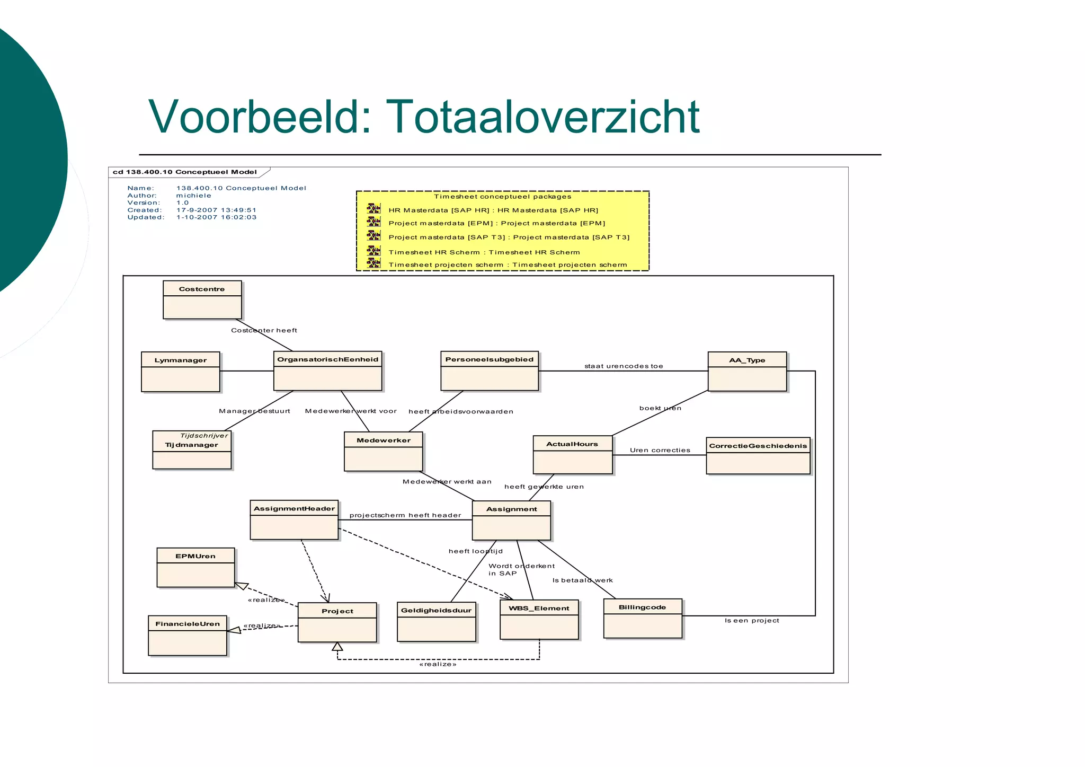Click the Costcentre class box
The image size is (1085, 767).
click(202, 300)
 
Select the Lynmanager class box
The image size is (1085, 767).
click(180, 372)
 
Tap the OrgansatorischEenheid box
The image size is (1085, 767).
click(327, 371)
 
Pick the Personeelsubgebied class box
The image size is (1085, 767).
click(490, 371)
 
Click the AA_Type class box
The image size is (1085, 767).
click(747, 372)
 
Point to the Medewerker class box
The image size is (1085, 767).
click(383, 452)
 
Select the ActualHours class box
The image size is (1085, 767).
click(572, 455)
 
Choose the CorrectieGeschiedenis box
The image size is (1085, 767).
click(758, 456)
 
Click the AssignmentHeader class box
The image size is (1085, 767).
click(294, 520)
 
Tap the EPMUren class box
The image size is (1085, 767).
click(195, 568)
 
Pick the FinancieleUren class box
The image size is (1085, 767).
click(188, 636)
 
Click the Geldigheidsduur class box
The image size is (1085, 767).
click(436, 622)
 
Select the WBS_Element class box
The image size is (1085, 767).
click(539, 620)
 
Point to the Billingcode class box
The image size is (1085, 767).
click(642, 619)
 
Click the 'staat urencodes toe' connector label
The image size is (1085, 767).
click(624, 366)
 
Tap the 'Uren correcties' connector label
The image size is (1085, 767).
click(660, 451)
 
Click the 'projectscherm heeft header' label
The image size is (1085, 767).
click(405, 515)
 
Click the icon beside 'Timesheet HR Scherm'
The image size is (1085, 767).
click(373, 251)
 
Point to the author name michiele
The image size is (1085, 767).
click(193, 196)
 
